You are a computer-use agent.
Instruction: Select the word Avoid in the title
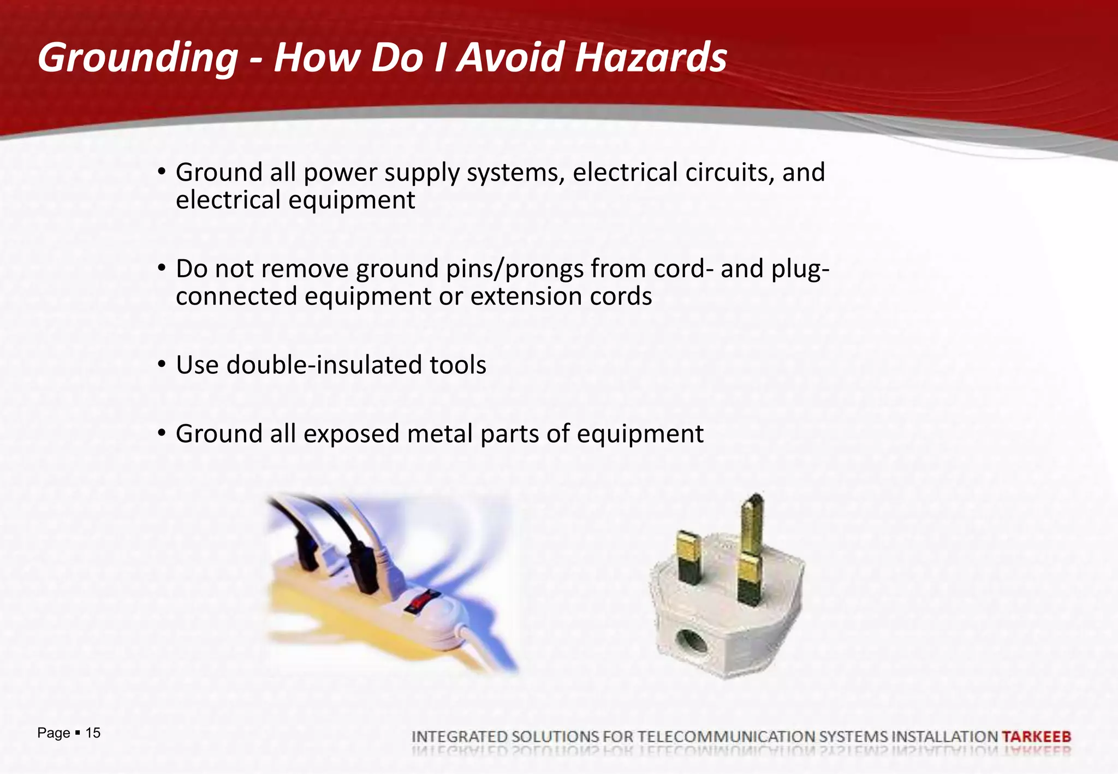tap(510, 58)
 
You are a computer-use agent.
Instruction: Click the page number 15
tap(93, 733)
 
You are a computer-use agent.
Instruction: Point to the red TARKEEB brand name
tap(1036, 736)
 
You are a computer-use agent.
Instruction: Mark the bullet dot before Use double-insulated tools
tap(161, 364)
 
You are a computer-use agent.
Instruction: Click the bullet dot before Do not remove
tap(161, 268)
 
